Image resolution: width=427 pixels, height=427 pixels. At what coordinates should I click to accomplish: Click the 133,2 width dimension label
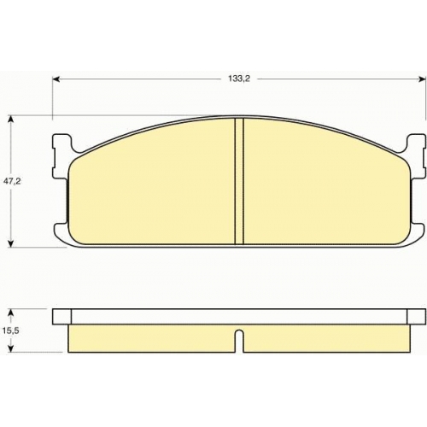coord(239,79)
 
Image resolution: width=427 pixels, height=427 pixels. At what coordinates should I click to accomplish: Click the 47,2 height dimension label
coord(12,181)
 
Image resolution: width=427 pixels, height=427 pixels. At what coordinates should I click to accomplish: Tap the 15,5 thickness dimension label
coord(10,331)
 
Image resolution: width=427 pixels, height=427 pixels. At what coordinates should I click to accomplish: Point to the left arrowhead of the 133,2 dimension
coord(56,79)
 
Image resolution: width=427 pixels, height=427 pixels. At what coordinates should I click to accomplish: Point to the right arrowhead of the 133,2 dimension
coord(421,79)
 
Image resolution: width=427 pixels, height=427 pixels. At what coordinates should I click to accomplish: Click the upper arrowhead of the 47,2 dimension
coord(11,120)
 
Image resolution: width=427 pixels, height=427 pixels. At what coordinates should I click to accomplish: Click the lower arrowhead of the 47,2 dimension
coord(11,243)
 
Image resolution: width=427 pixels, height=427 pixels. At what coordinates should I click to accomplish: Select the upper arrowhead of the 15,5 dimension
coord(11,313)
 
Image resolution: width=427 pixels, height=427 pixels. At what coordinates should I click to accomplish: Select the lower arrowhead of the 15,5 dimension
coord(11,348)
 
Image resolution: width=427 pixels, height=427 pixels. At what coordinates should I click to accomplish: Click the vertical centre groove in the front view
coord(239,181)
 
